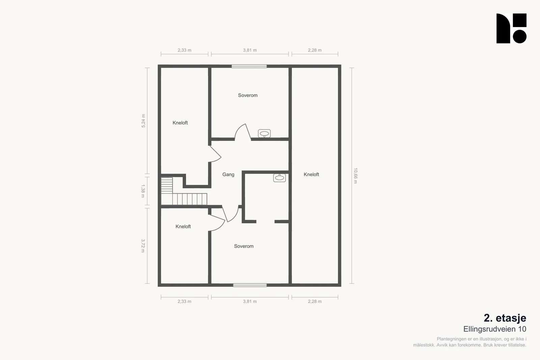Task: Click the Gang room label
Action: (x=228, y=174)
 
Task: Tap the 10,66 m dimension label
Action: (x=355, y=176)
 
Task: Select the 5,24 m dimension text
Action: (x=143, y=121)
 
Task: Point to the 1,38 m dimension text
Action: (x=143, y=191)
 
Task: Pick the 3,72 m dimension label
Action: (x=143, y=246)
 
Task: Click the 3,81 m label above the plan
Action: (x=250, y=50)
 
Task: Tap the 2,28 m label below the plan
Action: (x=315, y=301)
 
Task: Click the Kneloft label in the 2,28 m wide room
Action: (x=311, y=174)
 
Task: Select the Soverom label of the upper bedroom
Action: (x=248, y=95)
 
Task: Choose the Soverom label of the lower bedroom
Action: (x=244, y=246)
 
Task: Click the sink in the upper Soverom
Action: (x=264, y=134)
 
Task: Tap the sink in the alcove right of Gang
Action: (x=279, y=178)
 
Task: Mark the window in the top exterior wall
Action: (x=249, y=66)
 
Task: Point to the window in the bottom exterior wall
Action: (x=250, y=285)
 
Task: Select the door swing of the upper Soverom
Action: (x=243, y=132)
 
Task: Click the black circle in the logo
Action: (x=519, y=37)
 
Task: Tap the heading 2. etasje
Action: (x=505, y=318)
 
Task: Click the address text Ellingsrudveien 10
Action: (x=495, y=329)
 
